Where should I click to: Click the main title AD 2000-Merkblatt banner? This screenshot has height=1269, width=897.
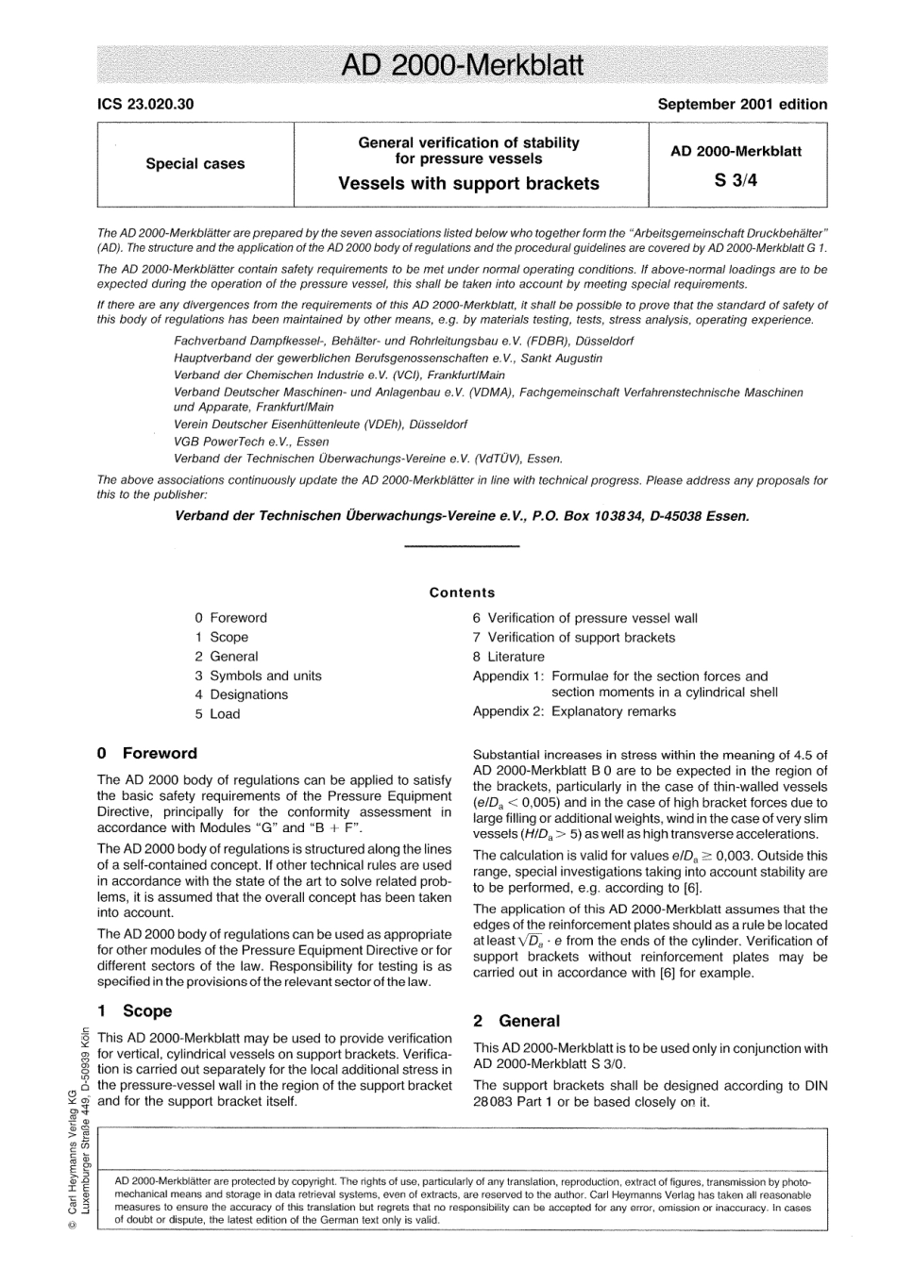(x=462, y=65)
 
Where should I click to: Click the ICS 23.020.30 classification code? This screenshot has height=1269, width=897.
(x=145, y=105)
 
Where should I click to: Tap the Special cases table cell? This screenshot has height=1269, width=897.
(x=195, y=164)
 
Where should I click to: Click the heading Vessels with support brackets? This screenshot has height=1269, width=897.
(x=468, y=184)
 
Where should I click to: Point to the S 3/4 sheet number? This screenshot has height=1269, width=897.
(x=736, y=182)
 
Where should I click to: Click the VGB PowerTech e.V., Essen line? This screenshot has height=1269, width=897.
(x=251, y=442)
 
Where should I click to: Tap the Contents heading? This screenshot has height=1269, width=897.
(x=462, y=593)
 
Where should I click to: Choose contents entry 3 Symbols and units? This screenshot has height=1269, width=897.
(x=258, y=676)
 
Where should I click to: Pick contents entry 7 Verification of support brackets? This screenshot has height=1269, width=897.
(x=573, y=638)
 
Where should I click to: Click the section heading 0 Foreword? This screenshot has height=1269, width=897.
(x=147, y=753)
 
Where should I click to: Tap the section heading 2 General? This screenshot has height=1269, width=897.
(x=516, y=1021)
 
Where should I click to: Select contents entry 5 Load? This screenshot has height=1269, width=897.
(x=218, y=714)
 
